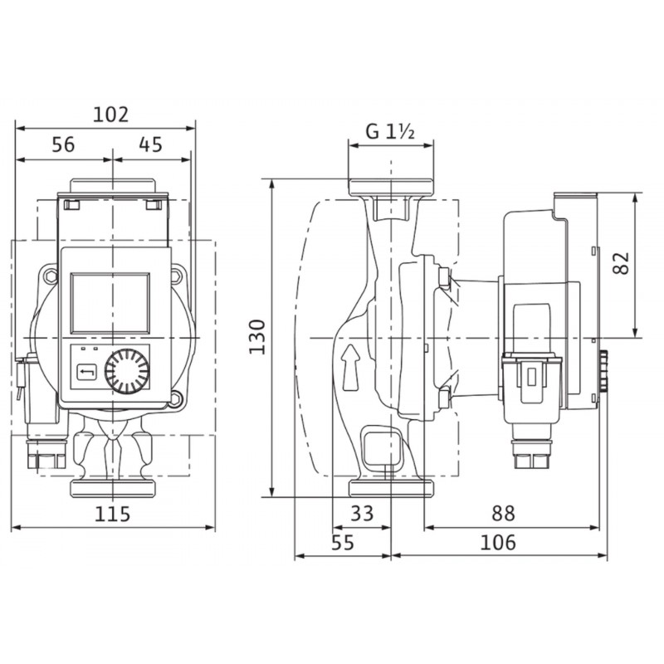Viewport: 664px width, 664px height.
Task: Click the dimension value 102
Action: [110, 115]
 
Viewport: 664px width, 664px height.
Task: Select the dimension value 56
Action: [63, 144]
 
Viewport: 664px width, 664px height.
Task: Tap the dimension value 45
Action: [150, 144]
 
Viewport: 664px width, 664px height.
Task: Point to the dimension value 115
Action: [112, 514]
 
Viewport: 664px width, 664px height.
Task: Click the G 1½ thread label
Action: [390, 132]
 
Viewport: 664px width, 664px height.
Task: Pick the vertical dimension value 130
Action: [257, 337]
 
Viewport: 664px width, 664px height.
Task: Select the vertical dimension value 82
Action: [622, 263]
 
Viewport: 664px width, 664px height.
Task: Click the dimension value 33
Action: [362, 513]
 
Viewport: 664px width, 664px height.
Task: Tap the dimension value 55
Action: [343, 543]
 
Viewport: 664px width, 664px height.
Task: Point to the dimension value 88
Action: [504, 513]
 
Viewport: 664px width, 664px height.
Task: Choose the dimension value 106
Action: [498, 543]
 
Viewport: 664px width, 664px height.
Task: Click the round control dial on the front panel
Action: [127, 371]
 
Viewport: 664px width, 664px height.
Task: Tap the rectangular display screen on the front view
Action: [110, 303]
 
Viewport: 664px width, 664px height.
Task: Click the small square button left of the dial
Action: [87, 373]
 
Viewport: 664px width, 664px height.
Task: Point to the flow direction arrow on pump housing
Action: [350, 367]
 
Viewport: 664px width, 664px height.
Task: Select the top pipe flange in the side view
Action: [391, 188]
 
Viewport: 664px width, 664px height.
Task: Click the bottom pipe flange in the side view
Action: [391, 488]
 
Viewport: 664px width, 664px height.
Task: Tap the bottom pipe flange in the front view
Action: [113, 488]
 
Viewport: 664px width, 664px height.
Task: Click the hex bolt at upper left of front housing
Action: [51, 276]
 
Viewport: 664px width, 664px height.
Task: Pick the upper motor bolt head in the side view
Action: [444, 277]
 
